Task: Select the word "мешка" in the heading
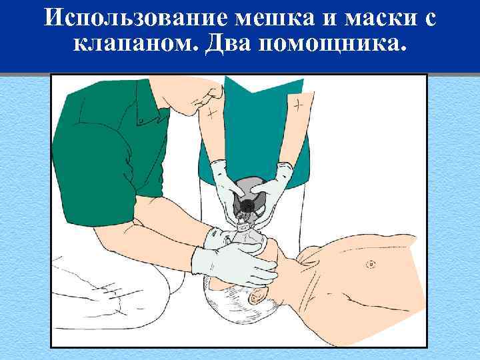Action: (x=273, y=19)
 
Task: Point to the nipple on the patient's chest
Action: (x=369, y=265)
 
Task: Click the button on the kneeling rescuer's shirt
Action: (x=141, y=121)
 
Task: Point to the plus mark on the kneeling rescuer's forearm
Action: (x=211, y=113)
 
